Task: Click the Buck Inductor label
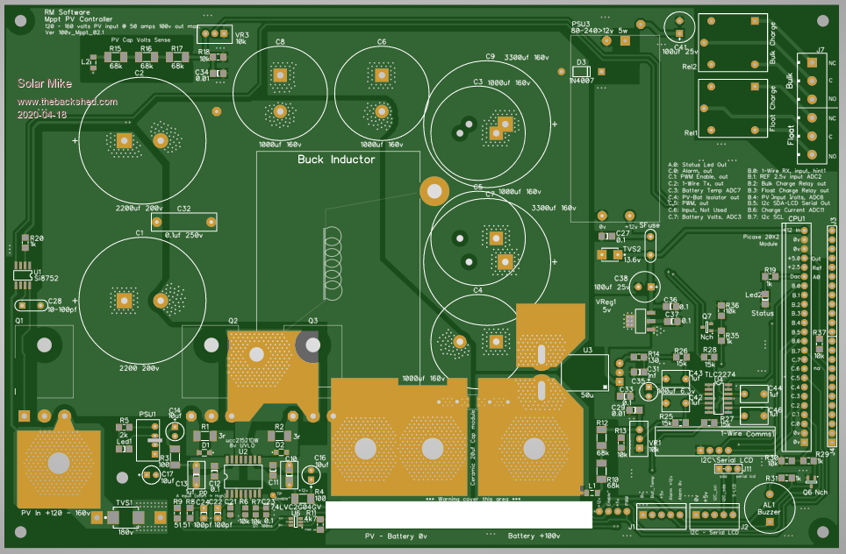(x=336, y=160)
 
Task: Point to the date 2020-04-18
(x=40, y=115)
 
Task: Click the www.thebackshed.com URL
(x=67, y=102)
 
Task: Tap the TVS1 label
(x=124, y=503)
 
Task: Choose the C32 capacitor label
(x=184, y=210)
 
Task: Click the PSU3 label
(x=580, y=24)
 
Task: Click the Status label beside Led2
(x=763, y=313)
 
